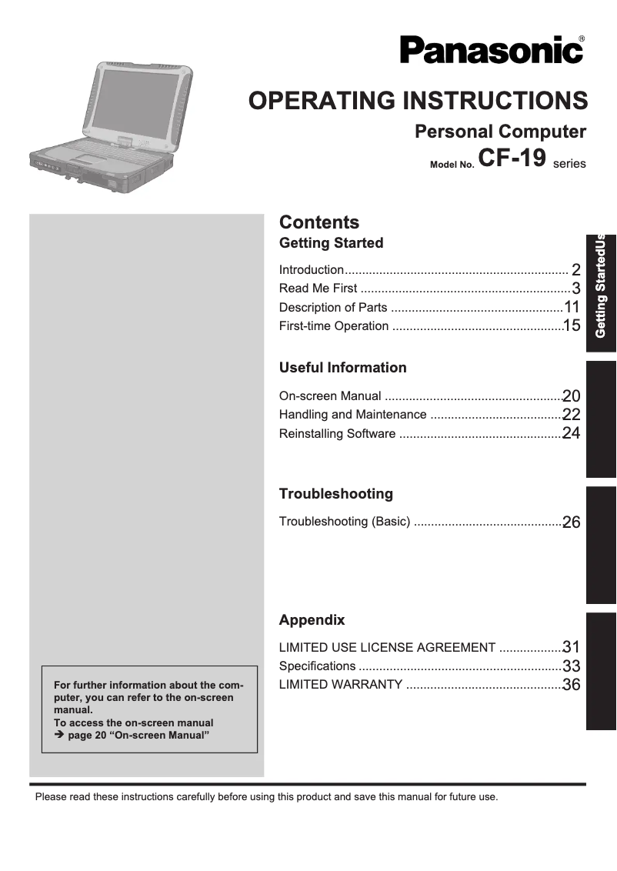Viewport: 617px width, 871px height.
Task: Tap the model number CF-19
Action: click(x=512, y=158)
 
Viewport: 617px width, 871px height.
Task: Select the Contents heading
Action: click(x=319, y=222)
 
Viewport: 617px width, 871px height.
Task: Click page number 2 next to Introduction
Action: click(x=575, y=269)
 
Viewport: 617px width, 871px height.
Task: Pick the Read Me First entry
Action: click(x=318, y=289)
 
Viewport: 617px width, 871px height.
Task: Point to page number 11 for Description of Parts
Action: click(x=572, y=307)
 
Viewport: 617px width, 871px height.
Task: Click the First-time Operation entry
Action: click(x=334, y=326)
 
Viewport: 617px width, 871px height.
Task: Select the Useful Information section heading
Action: click(x=342, y=368)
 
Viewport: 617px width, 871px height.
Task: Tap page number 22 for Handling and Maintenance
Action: click(x=571, y=415)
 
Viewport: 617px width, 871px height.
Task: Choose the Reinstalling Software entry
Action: click(x=337, y=434)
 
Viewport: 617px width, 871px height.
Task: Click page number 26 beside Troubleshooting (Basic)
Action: click(x=571, y=522)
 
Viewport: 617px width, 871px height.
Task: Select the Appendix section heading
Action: click(x=312, y=620)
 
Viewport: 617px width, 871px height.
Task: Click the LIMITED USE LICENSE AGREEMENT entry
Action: click(x=387, y=648)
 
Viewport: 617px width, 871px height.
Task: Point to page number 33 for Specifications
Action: click(x=571, y=666)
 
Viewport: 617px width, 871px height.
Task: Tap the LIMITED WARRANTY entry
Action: click(x=340, y=685)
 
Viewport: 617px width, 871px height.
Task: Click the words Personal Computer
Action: click(x=500, y=132)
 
